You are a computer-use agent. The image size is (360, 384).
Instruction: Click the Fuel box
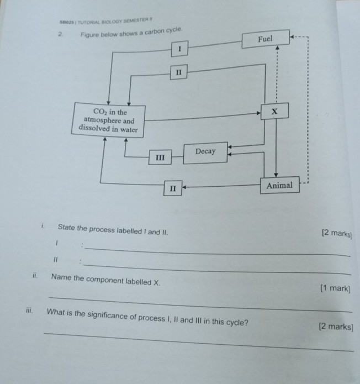pos(265,40)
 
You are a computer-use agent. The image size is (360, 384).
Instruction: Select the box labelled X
pos(274,112)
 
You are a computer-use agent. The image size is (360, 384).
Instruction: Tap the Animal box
pos(279,185)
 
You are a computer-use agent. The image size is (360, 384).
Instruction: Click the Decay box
pos(205,151)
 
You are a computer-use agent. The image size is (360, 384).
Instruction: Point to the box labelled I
pos(179,50)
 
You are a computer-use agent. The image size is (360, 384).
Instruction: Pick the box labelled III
pos(160,157)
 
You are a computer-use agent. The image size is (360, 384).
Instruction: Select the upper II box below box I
pos(178,72)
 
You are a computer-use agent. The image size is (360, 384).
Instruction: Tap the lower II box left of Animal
pos(173,188)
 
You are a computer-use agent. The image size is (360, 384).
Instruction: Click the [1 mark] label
pos(335,288)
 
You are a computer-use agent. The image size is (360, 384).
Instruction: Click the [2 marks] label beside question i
pos(337,233)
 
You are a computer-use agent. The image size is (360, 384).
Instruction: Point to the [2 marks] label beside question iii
pos(336,327)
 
